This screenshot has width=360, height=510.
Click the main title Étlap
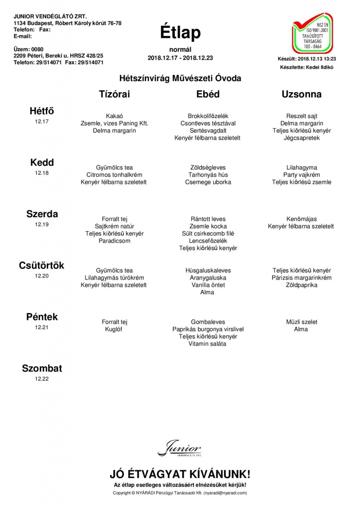pyautogui.click(x=180, y=33)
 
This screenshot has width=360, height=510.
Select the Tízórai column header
pyautogui.click(x=115, y=94)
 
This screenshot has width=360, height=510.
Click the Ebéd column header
pyautogui.click(x=208, y=94)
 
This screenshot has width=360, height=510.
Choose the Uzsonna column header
pyautogui.click(x=301, y=94)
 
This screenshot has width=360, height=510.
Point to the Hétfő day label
pyautogui.click(x=42, y=112)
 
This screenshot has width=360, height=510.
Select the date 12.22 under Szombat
pyautogui.click(x=42, y=379)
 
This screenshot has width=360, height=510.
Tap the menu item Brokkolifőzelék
pyautogui.click(x=208, y=116)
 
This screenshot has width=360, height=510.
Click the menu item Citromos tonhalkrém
pyautogui.click(x=115, y=175)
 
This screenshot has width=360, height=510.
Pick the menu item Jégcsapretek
pyautogui.click(x=301, y=138)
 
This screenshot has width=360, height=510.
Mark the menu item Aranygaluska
pyautogui.click(x=208, y=278)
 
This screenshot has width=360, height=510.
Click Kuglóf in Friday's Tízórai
pyautogui.click(x=115, y=329)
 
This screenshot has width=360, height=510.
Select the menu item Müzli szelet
pyautogui.click(x=301, y=322)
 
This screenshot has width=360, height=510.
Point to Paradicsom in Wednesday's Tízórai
pyautogui.click(x=115, y=241)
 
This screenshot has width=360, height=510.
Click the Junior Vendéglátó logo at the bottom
pyautogui.click(x=180, y=449)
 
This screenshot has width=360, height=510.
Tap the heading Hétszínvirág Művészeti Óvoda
pyautogui.click(x=180, y=78)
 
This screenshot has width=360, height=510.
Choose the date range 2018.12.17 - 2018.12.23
pyautogui.click(x=180, y=58)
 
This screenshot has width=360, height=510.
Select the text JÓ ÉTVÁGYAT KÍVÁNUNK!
pyautogui.click(x=180, y=474)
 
